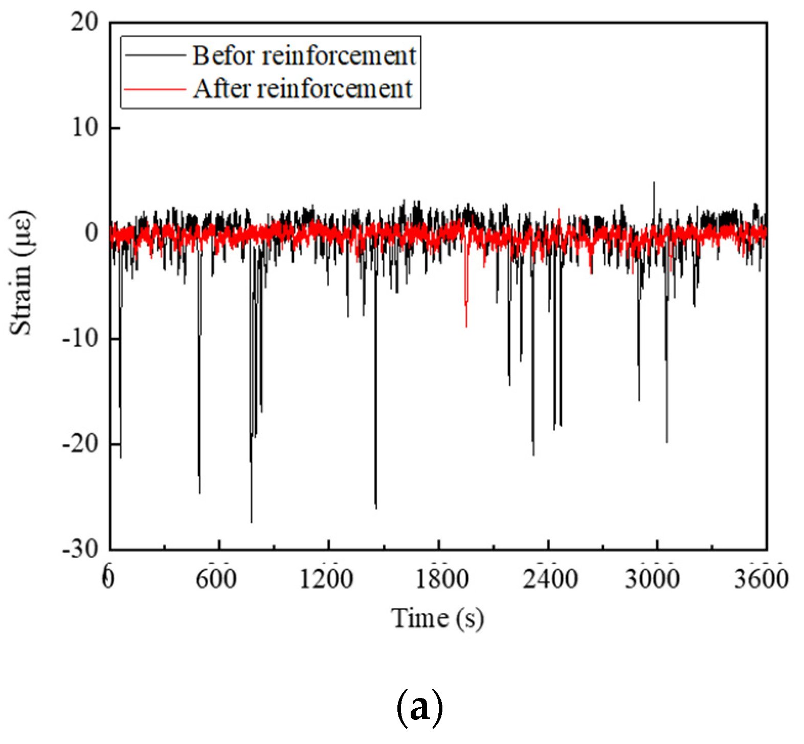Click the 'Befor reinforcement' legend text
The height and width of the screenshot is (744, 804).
pyautogui.click(x=304, y=55)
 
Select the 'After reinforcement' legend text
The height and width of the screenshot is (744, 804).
pyautogui.click(x=302, y=89)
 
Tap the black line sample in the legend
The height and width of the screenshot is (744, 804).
pyautogui.click(x=154, y=55)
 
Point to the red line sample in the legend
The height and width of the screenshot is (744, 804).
pyautogui.click(x=154, y=89)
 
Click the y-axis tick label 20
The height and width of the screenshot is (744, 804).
pyautogui.click(x=84, y=22)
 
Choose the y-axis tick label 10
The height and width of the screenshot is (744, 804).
pyautogui.click(x=84, y=127)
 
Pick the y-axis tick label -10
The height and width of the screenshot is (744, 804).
pyautogui.click(x=80, y=339)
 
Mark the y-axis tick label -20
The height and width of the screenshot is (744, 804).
pyautogui.click(x=80, y=444)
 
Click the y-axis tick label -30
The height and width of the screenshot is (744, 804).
pyautogui.click(x=80, y=549)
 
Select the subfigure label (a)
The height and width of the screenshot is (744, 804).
pyautogui.click(x=419, y=708)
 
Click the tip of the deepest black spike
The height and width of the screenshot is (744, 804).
pyautogui.click(x=252, y=522)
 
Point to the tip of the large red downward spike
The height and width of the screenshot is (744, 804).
pyautogui.click(x=466, y=326)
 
